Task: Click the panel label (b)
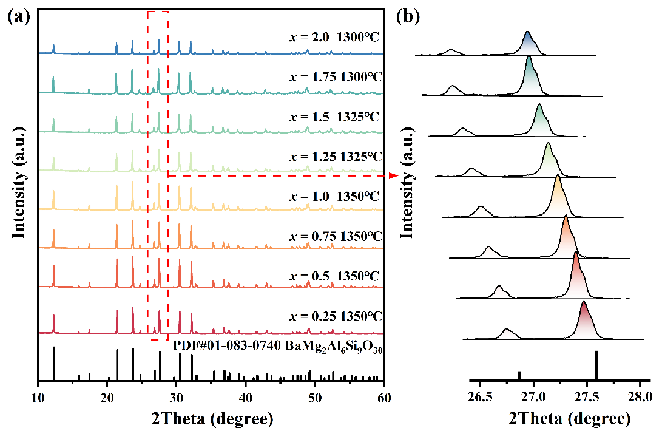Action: click(x=408, y=17)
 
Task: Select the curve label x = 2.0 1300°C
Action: click(x=334, y=36)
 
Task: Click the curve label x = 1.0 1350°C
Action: click(x=334, y=197)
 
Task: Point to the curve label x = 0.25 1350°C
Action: click(x=335, y=316)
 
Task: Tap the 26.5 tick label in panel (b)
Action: click(x=480, y=398)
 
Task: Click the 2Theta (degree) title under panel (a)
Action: click(x=211, y=418)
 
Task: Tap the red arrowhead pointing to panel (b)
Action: click(x=393, y=175)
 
